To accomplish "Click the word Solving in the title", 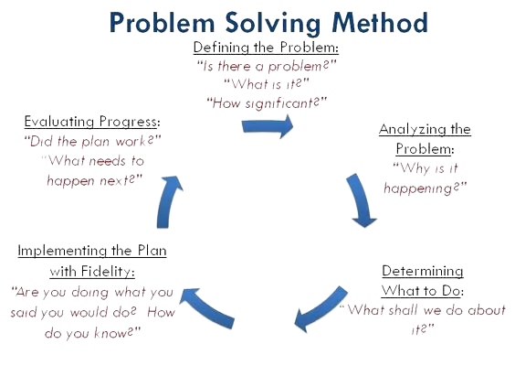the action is (x=272, y=23).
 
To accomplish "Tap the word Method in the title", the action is (x=380, y=22).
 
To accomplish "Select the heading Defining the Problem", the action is (x=266, y=48).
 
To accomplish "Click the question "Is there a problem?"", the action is (x=267, y=66).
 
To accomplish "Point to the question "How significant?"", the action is (x=267, y=103).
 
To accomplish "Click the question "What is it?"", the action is (x=267, y=84).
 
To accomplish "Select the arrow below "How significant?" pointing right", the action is (x=268, y=126).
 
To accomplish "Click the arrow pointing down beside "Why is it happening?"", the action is (x=361, y=200).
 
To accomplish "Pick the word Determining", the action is (x=423, y=271).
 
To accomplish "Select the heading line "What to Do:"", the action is (x=423, y=291).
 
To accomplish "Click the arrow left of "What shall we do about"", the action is (x=321, y=309).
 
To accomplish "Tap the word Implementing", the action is (x=62, y=251).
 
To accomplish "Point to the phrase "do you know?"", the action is (x=92, y=333).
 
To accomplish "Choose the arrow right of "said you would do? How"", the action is (x=207, y=307).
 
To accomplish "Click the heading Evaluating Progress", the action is (x=92, y=122).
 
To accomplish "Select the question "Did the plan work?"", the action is (x=92, y=141).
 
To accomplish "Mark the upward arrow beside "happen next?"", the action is (x=167, y=201).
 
